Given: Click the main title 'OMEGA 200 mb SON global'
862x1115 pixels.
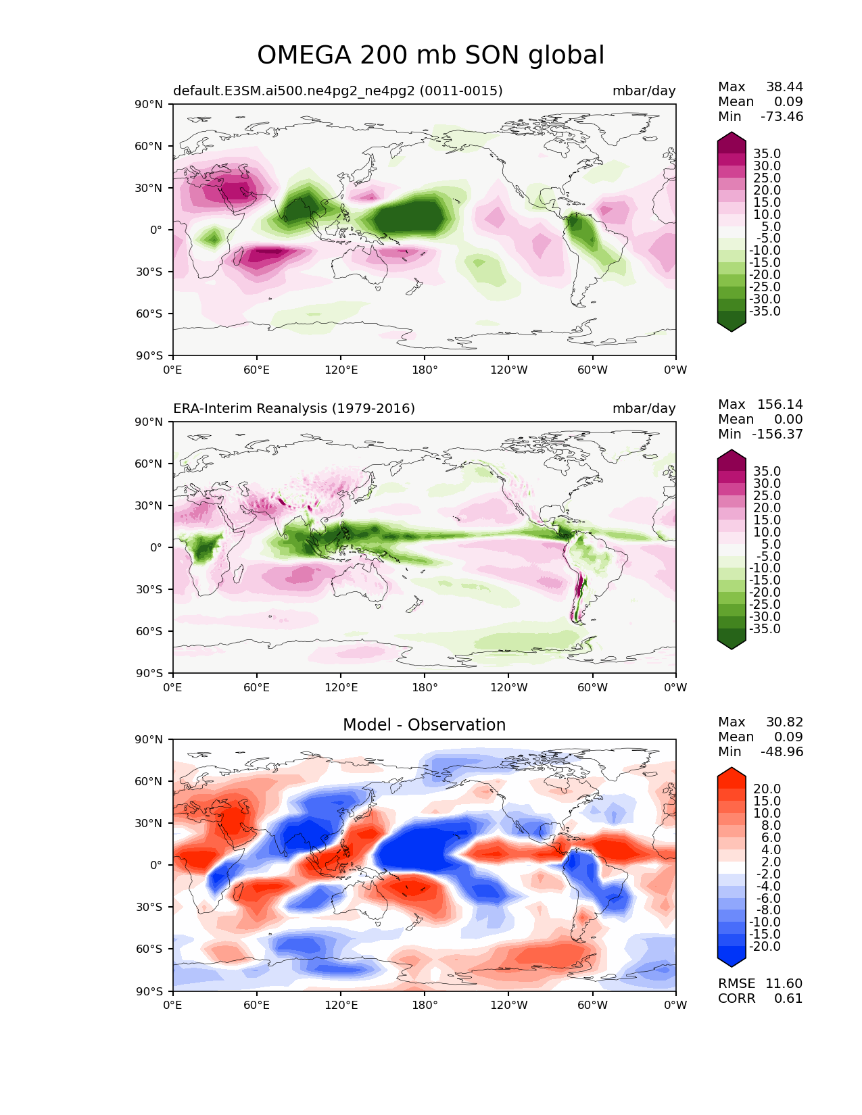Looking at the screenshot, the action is [x=431, y=55].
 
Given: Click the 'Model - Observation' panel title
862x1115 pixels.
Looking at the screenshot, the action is [x=424, y=724].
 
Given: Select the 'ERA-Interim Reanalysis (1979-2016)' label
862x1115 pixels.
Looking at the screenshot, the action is [x=294, y=408].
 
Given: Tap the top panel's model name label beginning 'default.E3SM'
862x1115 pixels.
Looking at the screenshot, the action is [x=338, y=91].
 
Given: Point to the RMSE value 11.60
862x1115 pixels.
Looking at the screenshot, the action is [x=784, y=983].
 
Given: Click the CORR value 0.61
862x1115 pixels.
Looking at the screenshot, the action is [x=788, y=998].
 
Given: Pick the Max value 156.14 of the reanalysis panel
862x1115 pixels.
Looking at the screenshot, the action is [x=780, y=404].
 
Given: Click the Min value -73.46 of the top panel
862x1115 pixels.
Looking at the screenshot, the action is [x=782, y=116].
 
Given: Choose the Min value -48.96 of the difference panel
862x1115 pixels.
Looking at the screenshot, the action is [x=782, y=751].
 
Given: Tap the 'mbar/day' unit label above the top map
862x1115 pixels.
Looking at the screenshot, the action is [x=644, y=91].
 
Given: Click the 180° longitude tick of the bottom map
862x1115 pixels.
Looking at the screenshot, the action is [x=425, y=1005].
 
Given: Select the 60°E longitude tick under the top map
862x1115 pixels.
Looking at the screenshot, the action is [x=257, y=370].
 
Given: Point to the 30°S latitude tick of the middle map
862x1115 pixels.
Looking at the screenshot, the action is [x=149, y=589].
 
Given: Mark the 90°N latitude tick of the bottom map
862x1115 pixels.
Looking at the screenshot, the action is [x=149, y=739].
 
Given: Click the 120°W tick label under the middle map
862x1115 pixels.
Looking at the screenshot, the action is [x=509, y=687].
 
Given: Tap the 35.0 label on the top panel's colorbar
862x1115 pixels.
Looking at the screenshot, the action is [x=767, y=154].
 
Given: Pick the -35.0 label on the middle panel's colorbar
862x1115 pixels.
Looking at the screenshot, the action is [x=765, y=628].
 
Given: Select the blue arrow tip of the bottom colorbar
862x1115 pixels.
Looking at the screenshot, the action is [x=731, y=966].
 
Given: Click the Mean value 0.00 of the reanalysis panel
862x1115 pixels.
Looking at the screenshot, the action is [x=788, y=419].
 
